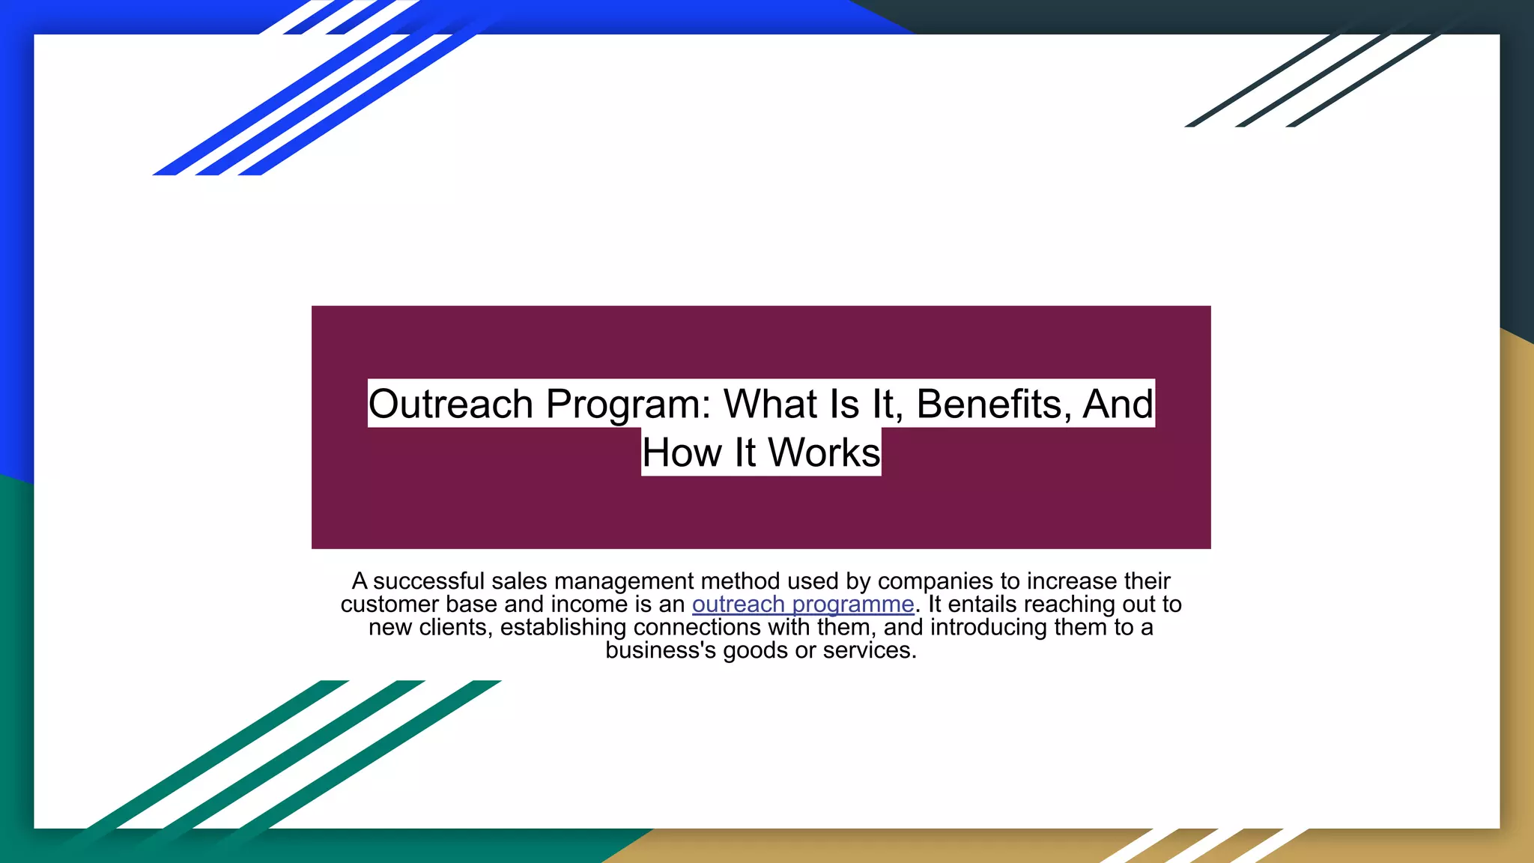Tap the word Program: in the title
pyautogui.click(x=628, y=405)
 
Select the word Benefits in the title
pyautogui.click(x=989, y=405)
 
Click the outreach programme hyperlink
pyautogui.click(x=803, y=605)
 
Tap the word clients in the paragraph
pyautogui.click(x=455, y=627)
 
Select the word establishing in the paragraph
pyautogui.click(x=563, y=627)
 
